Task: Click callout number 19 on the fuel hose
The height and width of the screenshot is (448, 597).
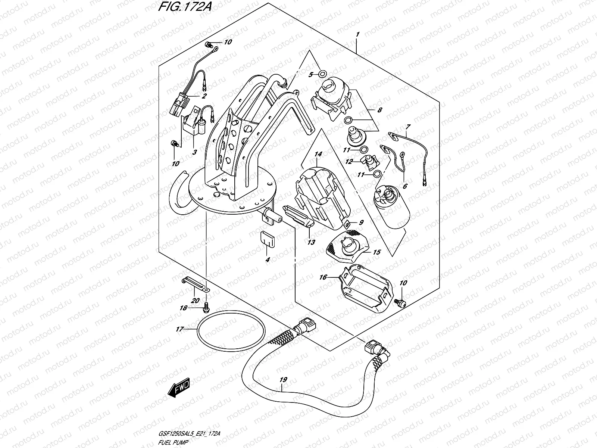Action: [283, 380]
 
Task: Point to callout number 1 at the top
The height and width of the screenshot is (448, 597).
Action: [357, 35]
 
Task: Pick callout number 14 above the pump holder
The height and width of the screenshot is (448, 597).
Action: [318, 154]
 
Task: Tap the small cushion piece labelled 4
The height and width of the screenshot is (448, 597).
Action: [267, 239]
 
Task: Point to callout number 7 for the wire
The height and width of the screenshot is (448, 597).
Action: [408, 127]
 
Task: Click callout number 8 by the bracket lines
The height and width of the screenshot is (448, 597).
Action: [379, 110]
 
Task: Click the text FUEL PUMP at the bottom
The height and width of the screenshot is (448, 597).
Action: [173, 442]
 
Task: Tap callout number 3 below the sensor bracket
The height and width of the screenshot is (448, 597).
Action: [194, 152]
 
